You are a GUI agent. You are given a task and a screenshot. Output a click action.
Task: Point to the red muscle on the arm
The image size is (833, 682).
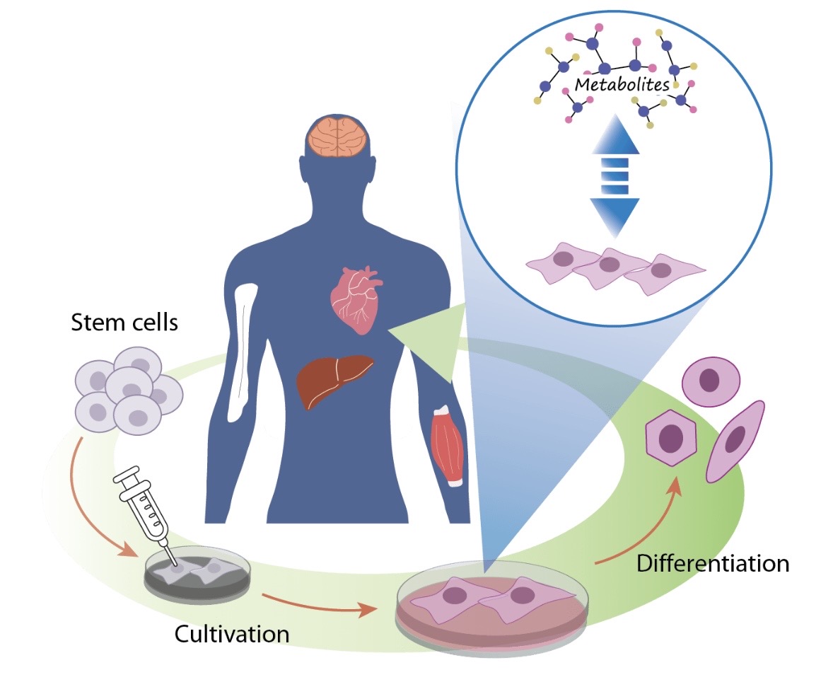[446, 445]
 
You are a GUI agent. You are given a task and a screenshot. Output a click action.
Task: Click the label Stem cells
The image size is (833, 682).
[124, 324]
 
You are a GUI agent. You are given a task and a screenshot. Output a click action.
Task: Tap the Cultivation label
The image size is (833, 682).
[232, 633]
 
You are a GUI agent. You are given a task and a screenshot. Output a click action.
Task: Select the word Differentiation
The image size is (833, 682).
[712, 564]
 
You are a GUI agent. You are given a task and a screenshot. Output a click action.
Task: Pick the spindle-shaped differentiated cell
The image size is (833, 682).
[736, 441]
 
